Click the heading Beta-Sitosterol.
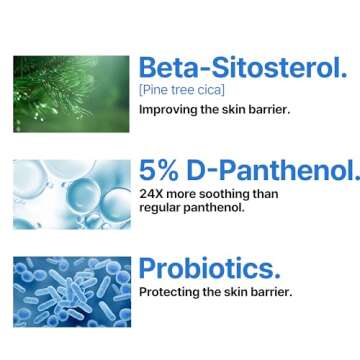pos(243,68)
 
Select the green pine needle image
pos(72,93)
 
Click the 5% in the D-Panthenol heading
pos(160,171)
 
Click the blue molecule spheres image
pos(72,193)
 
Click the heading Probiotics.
pos(209,267)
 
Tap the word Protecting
pos(172,292)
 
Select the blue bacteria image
pos(72,291)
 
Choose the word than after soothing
pos(265,194)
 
